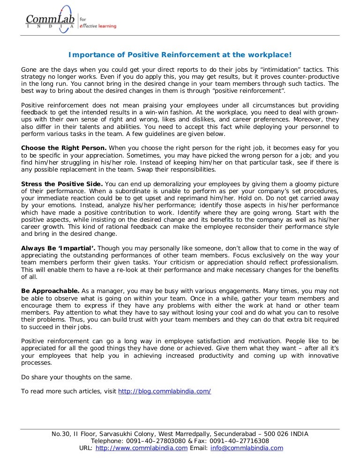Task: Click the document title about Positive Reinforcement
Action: [x=180, y=55]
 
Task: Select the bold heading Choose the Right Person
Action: [x=64, y=148]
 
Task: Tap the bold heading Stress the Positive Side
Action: [x=62, y=183]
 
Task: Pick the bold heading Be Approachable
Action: [x=50, y=291]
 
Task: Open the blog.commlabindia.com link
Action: [x=165, y=391]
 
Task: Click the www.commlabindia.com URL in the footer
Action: [x=142, y=448]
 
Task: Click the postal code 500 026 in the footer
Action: [x=277, y=434]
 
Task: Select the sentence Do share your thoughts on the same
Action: [x=77, y=376]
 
